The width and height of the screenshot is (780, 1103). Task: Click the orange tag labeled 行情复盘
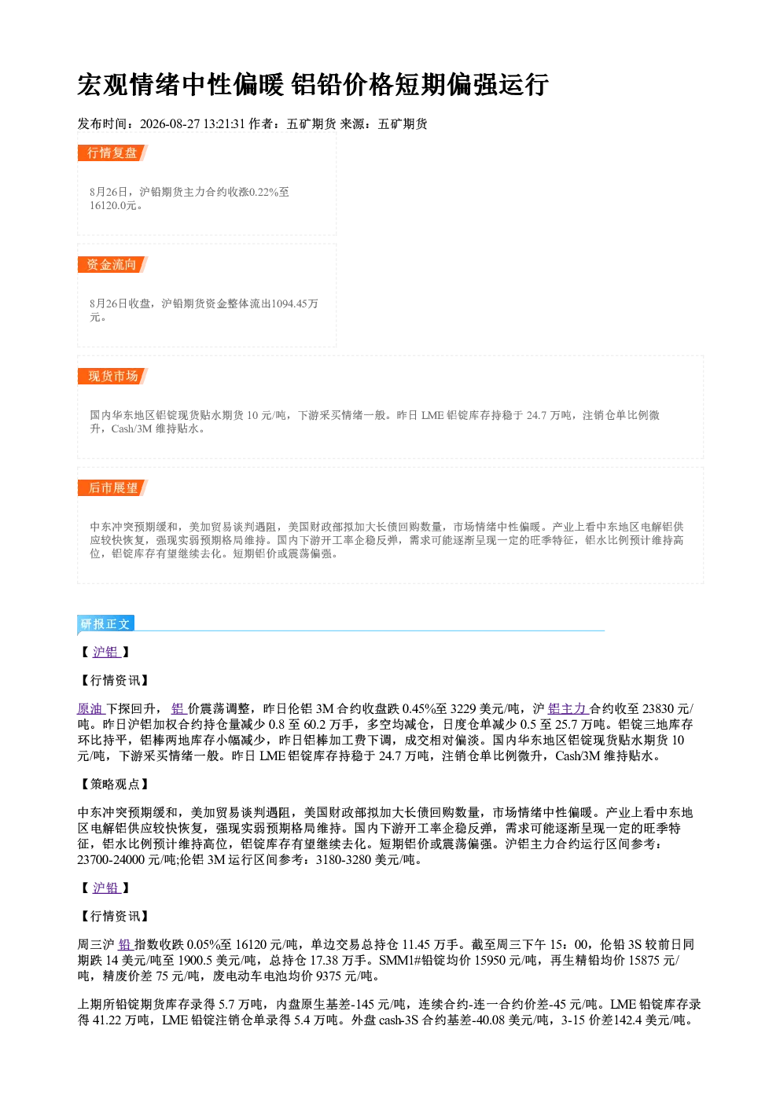[x=112, y=153]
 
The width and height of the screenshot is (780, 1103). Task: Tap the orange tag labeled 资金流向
[x=112, y=264]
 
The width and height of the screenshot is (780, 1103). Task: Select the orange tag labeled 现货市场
[x=112, y=377]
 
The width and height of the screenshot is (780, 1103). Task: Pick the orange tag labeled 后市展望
[x=112, y=488]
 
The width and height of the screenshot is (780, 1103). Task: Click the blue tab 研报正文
[x=105, y=624]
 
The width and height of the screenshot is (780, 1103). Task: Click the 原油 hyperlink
[x=91, y=708]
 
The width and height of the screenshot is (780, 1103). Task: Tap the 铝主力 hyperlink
[x=568, y=708]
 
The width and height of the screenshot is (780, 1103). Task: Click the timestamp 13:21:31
[x=224, y=123]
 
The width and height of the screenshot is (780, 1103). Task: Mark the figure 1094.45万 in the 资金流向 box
[x=295, y=303]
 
